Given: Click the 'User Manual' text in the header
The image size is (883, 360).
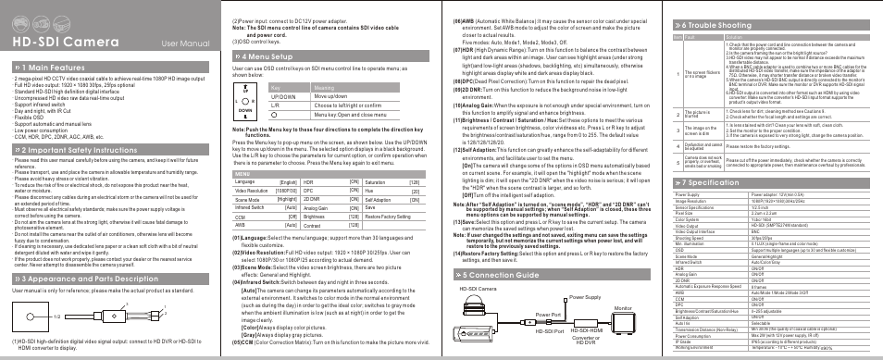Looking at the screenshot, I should click(183, 43).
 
